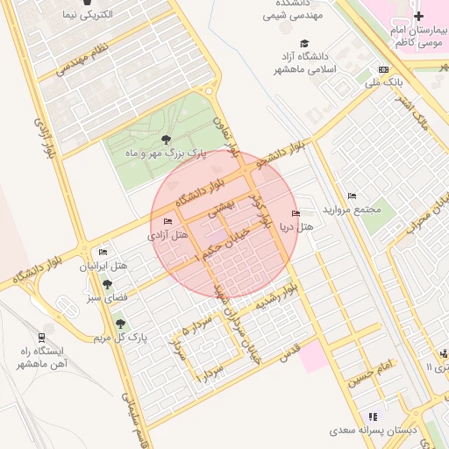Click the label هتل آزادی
167,235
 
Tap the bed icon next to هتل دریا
295,214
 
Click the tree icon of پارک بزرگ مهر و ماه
167,139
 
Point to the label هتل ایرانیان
104,265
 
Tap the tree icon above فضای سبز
107,284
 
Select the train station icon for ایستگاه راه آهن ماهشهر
41,338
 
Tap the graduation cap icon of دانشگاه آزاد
304,44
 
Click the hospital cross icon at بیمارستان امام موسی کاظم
419,16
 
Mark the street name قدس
289,353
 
